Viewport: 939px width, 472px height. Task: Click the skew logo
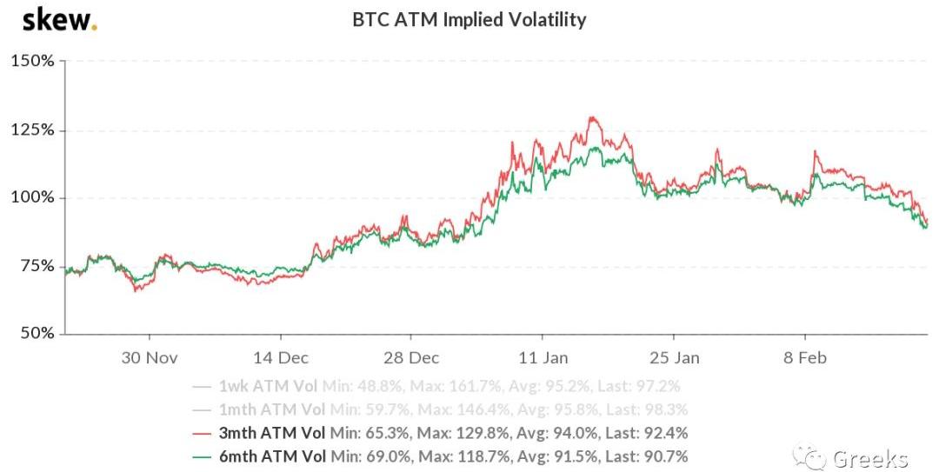coord(59,19)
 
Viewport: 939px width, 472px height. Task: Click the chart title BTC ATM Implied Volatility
coord(469,19)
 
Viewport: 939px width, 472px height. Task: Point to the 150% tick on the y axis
coord(32,62)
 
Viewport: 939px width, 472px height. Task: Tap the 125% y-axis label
coord(32,130)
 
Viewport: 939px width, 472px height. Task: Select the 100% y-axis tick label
coord(32,197)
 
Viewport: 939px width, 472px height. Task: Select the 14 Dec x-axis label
coord(280,357)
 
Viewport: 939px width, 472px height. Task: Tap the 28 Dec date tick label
coord(411,357)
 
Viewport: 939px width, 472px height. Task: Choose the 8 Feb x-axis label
coord(805,357)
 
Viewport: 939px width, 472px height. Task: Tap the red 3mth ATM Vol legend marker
coord(202,432)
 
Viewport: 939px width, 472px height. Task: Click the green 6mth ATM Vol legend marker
coord(202,455)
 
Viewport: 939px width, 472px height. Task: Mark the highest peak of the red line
coord(592,116)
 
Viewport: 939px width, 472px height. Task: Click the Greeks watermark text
coord(870,458)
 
